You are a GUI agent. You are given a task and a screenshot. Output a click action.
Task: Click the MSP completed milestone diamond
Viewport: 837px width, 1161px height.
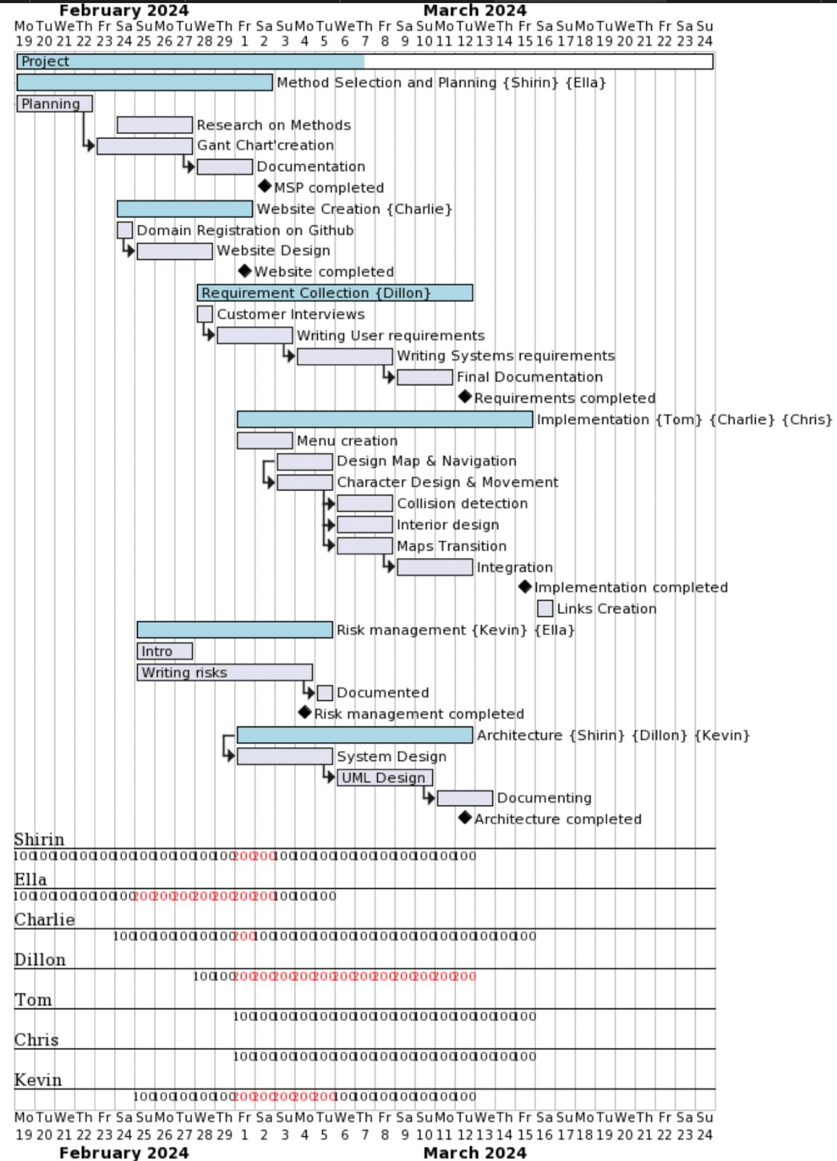265,186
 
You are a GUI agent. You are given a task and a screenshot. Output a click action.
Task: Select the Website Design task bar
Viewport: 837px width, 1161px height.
174,251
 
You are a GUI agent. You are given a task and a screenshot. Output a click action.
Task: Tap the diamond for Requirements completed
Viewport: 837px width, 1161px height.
465,397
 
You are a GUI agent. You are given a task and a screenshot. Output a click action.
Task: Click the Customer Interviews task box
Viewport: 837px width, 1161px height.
205,314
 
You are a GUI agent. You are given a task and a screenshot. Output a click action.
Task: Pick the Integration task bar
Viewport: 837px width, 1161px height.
434,567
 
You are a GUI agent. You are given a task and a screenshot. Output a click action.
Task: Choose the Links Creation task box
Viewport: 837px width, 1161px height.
545,608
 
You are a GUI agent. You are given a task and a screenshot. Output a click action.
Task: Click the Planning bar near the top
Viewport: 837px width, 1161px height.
54,104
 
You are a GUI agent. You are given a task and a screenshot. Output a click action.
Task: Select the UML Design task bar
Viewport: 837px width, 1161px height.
384,778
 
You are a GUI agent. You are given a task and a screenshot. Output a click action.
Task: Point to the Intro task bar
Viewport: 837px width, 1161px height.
165,651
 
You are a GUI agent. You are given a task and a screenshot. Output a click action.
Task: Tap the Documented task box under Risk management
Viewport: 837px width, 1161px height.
325,693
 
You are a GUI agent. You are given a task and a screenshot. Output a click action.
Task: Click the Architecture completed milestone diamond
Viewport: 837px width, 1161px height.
465,818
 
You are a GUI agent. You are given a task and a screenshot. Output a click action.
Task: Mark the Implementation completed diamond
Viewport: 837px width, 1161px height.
525,586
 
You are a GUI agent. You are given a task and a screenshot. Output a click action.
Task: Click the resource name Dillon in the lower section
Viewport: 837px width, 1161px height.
40,959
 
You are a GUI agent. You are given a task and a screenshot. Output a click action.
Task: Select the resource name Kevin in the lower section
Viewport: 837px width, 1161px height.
38,1080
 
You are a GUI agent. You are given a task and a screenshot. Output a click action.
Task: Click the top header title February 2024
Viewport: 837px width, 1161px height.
123,10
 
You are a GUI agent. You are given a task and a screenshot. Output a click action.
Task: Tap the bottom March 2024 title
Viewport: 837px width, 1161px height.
474,1152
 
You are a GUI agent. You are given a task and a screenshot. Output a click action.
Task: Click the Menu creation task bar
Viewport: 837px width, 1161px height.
265,440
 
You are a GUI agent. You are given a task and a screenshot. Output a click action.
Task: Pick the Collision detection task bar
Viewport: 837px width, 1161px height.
365,504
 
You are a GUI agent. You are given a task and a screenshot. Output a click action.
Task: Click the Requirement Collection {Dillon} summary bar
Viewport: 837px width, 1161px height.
334,293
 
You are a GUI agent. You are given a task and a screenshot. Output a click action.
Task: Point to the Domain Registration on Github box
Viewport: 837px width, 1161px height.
125,230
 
